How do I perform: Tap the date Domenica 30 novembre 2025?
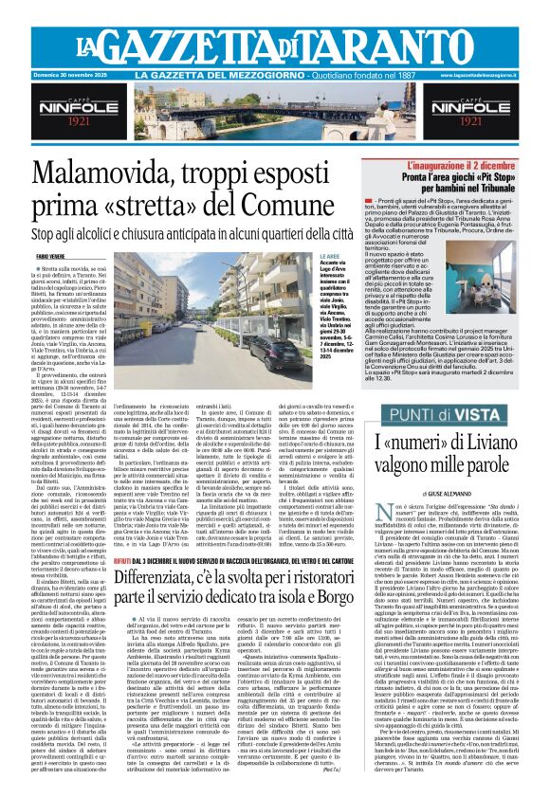(57, 75)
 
